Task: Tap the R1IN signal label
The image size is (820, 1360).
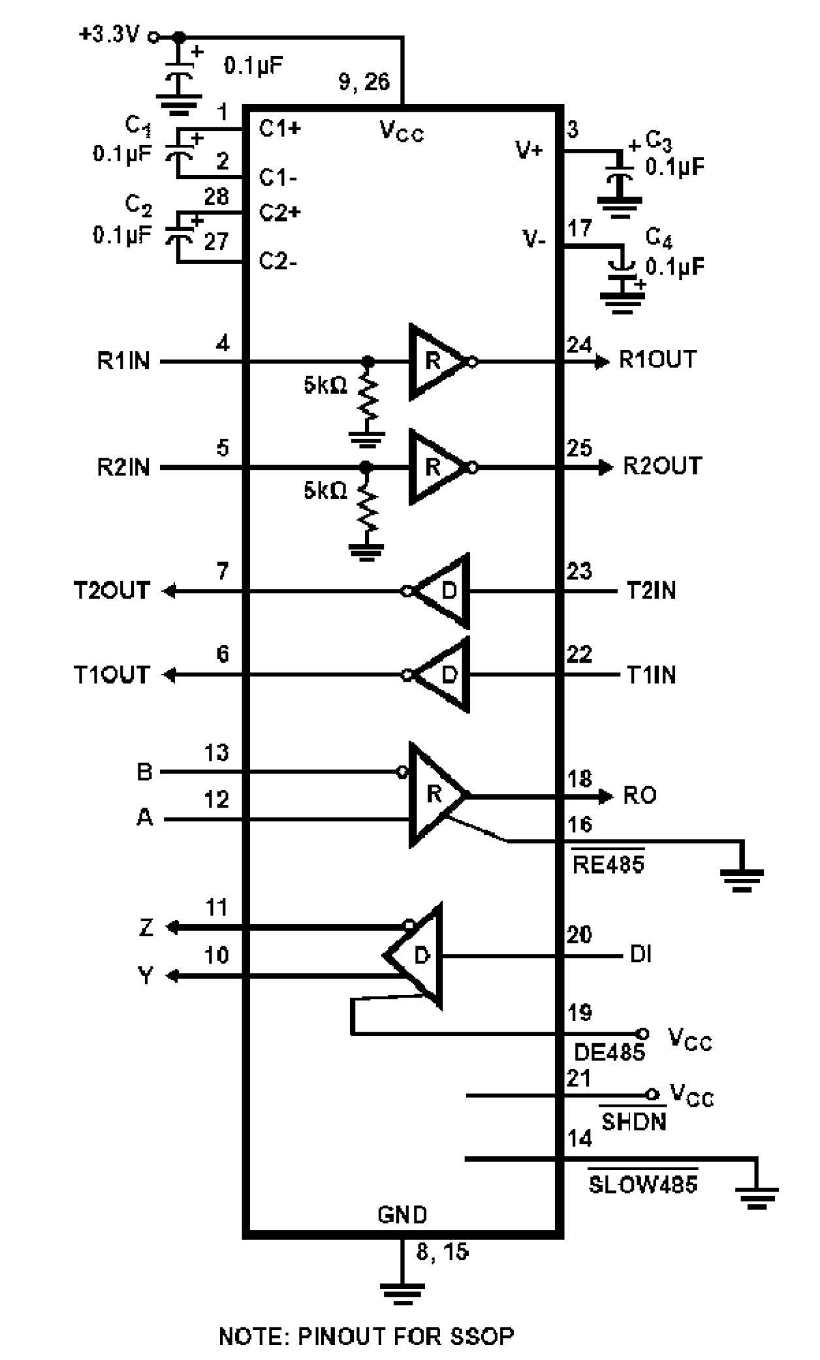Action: (x=123, y=361)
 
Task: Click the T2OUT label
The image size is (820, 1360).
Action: (x=111, y=591)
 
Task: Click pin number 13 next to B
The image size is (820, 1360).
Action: (x=216, y=753)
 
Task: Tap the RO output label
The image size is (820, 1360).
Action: (x=639, y=795)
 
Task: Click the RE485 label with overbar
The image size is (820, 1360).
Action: (x=608, y=864)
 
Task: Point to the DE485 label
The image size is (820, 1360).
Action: (x=608, y=1052)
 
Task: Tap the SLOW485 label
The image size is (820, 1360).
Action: (x=642, y=1184)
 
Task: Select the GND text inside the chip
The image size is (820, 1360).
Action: (x=402, y=1214)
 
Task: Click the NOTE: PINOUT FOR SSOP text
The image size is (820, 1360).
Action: (x=366, y=1336)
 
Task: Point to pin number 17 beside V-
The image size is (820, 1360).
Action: (x=578, y=228)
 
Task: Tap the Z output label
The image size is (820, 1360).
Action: (x=146, y=927)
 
